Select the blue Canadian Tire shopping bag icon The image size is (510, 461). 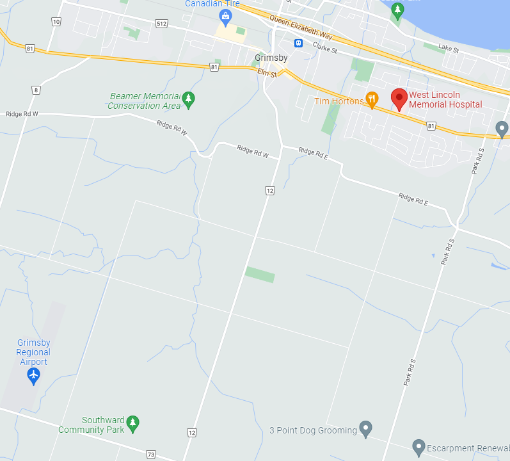225,15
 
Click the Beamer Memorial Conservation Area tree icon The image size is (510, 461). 188,99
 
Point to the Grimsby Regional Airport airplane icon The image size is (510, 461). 33,375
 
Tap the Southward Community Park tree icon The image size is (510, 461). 132,422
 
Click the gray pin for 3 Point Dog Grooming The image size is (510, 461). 365,427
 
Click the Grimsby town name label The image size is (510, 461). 271,58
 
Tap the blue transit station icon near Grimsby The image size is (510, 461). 298,44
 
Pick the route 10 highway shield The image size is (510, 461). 56,22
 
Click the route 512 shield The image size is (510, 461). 161,24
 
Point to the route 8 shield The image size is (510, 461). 36,90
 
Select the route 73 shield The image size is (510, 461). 151,454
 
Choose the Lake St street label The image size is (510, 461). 449,47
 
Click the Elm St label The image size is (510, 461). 267,74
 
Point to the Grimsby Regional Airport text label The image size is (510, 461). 33,352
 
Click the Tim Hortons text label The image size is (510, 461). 339,101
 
